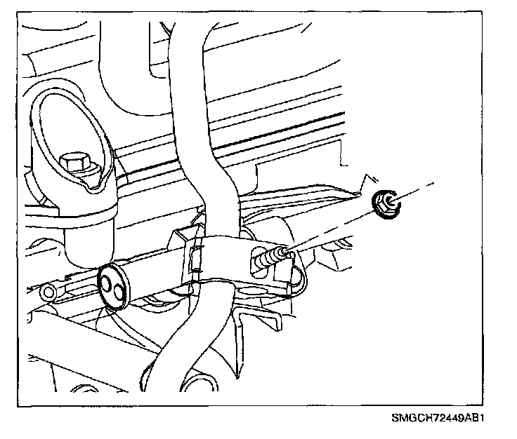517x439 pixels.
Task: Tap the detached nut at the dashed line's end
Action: coord(384,203)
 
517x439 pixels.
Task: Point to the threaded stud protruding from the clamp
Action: coord(275,255)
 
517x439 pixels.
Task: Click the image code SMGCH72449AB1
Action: coord(439,419)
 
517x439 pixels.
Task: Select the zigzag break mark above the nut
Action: coord(362,184)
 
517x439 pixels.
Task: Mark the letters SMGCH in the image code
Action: coord(409,419)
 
